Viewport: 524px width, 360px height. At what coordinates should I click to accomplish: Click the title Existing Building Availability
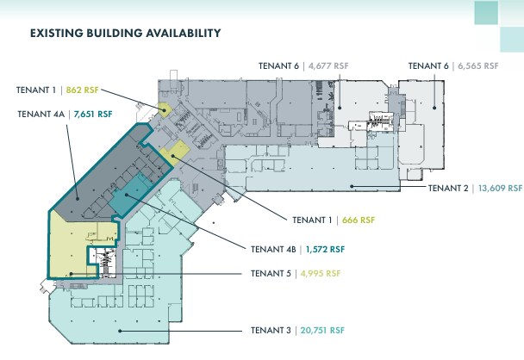[126, 33]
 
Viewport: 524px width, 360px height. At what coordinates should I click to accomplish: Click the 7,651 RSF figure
[93, 113]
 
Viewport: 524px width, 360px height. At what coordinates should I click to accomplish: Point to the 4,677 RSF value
[330, 65]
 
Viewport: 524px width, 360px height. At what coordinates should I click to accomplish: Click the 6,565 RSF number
[480, 65]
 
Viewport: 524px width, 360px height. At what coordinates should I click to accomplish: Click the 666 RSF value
[359, 220]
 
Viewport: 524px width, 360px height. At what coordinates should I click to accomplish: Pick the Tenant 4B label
[274, 249]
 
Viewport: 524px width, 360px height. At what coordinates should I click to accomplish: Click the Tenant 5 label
[271, 274]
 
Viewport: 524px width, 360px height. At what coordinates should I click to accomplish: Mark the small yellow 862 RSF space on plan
[162, 109]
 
